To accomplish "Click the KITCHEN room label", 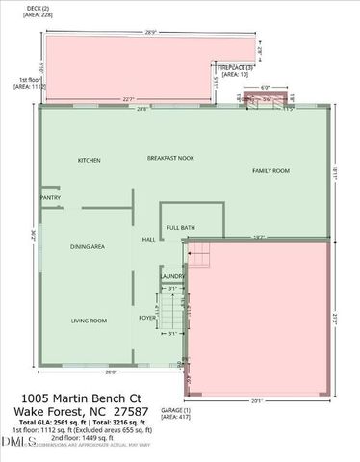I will pos(90,160).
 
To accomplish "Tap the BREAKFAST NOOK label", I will pos(170,157).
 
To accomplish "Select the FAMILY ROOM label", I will pos(270,171).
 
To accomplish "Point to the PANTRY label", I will pos(51,198).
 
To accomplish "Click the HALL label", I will pos(149,240).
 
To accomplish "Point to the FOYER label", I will pos(147,317).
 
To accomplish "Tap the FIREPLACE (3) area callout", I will pos(231,69).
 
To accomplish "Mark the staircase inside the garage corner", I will pos(197,256).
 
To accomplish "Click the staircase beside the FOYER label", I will pos(170,314).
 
